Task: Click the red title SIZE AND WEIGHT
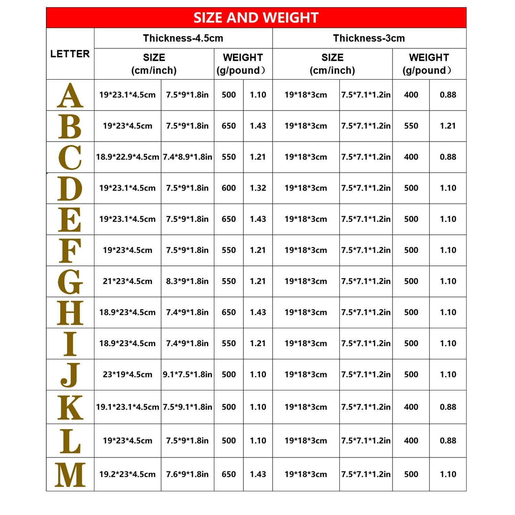point(256,18)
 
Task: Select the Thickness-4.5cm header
point(183,38)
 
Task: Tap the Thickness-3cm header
point(369,38)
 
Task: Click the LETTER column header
point(70,54)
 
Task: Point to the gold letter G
point(70,282)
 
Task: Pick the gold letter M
point(70,474)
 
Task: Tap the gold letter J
point(70,375)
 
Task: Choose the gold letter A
point(70,95)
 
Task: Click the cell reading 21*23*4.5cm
point(127,281)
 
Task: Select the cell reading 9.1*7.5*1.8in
point(187,374)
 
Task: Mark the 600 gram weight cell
point(229,188)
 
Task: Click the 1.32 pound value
point(258,188)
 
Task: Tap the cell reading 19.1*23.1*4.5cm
point(127,407)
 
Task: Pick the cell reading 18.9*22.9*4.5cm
point(127,157)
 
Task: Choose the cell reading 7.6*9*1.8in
point(187,474)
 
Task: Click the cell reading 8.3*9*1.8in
point(187,281)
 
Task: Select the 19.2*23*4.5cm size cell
point(127,474)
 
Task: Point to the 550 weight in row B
point(411,126)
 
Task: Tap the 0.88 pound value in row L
point(448,440)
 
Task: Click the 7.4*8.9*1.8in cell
point(187,157)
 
